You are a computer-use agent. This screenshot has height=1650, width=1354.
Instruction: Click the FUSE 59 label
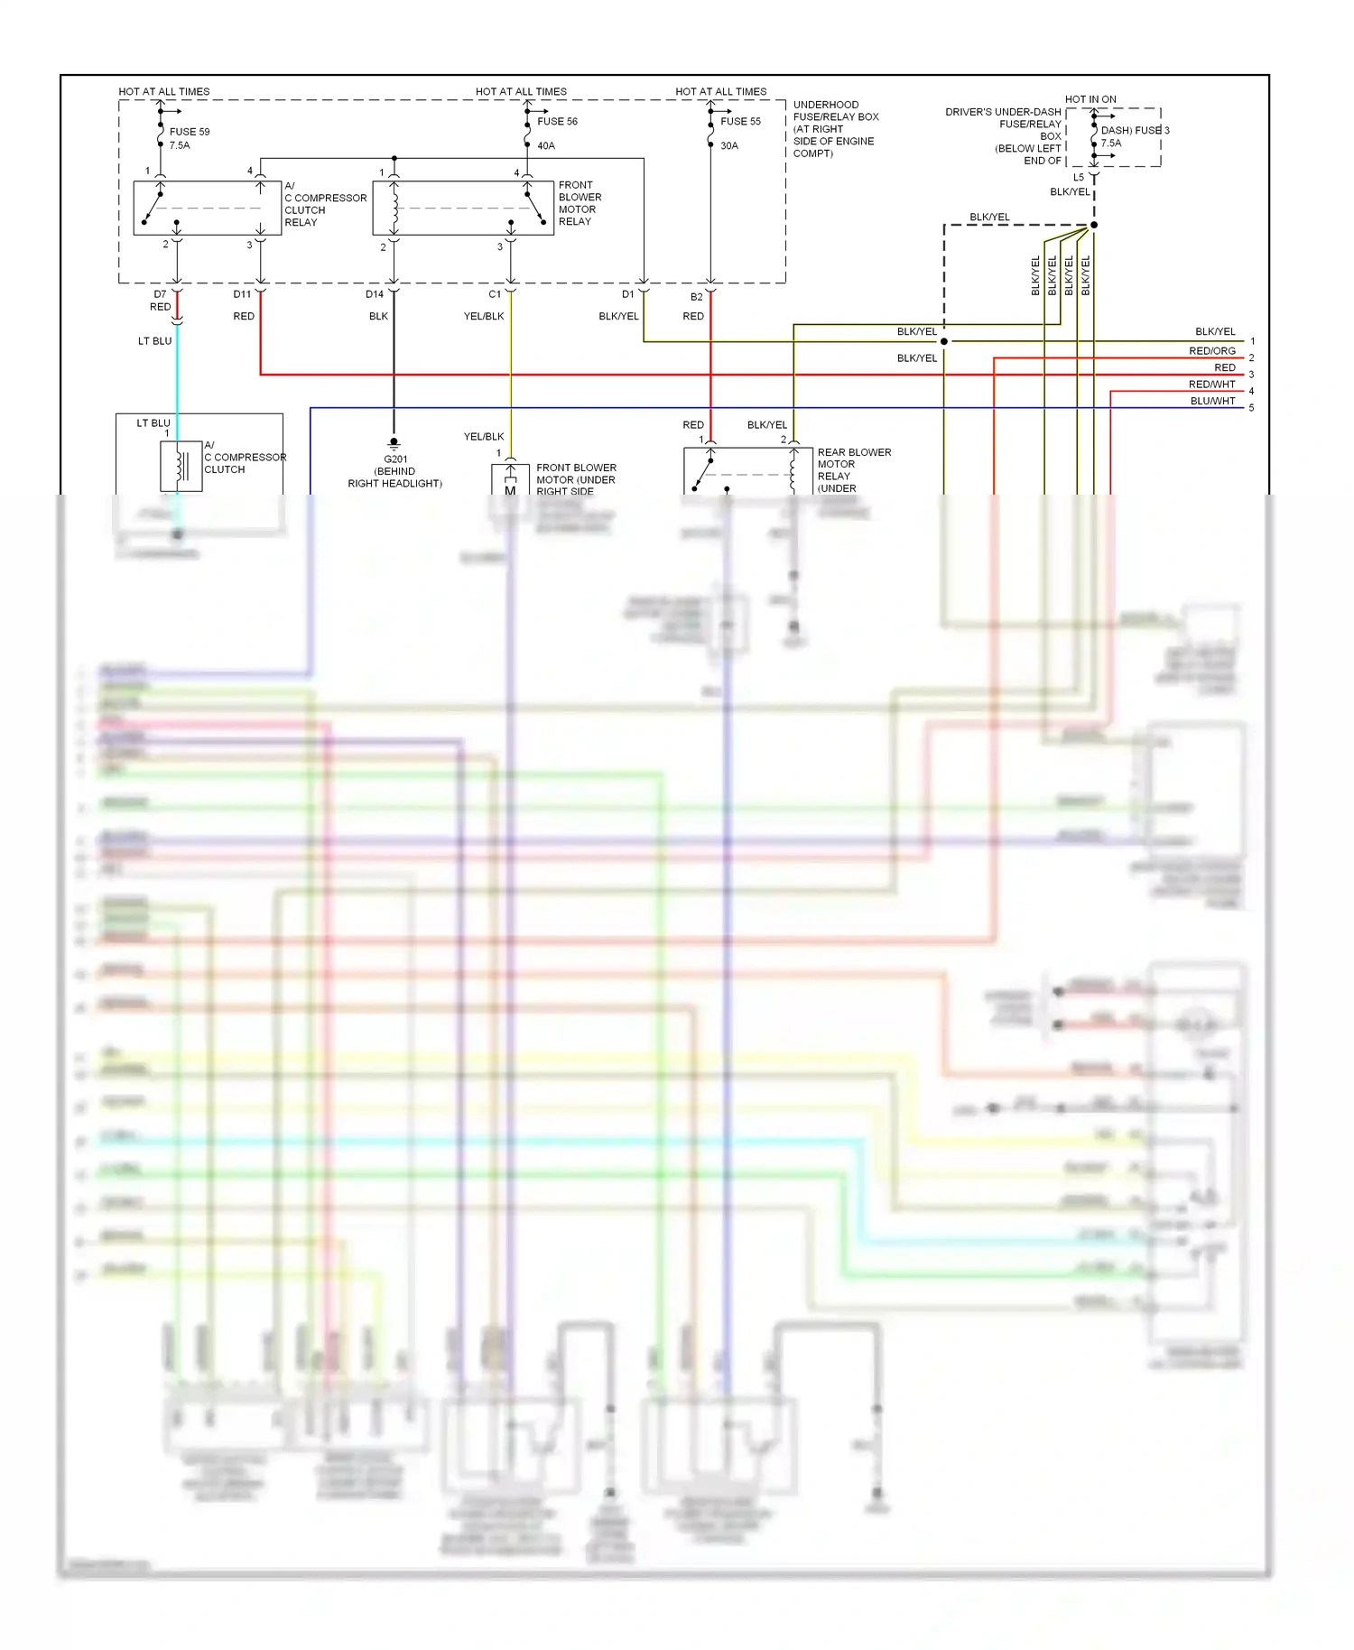point(189,132)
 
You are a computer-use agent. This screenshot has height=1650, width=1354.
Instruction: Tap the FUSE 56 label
point(557,121)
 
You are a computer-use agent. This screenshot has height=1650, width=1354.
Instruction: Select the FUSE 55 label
point(740,121)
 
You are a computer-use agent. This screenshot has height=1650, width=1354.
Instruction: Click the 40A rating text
point(546,145)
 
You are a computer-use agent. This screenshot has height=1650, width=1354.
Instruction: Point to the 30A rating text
point(729,145)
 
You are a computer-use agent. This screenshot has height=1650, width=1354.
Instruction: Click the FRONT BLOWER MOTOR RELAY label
point(580,203)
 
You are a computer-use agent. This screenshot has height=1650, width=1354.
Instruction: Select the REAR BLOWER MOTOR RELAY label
point(853,469)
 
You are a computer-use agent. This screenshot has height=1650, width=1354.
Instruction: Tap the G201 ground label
point(395,459)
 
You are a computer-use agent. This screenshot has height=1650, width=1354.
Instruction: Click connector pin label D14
point(375,294)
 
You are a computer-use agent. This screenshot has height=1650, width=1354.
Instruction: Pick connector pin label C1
point(495,294)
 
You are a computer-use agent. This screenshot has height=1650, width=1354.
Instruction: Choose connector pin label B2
point(696,296)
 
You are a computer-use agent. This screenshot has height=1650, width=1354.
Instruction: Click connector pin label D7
point(160,294)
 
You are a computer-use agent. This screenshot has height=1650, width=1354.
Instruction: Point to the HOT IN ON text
point(1090,99)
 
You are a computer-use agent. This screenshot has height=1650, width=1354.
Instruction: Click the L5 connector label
point(1078,177)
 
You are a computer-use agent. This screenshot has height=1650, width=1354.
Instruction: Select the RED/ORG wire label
point(1211,351)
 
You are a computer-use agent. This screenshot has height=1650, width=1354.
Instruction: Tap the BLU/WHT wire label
point(1212,401)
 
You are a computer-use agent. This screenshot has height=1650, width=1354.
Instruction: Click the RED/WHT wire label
point(1211,385)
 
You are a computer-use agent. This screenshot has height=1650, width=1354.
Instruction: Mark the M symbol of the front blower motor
point(510,490)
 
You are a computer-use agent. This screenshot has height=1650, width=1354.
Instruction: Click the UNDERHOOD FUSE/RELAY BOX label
point(835,128)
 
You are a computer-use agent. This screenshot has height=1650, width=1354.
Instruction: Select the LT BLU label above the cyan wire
point(154,341)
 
